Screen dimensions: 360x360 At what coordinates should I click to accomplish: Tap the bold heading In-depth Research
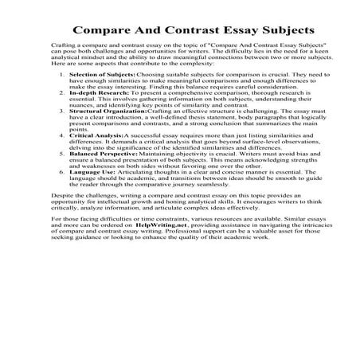98,125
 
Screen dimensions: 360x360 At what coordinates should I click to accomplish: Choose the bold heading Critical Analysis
96,181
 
